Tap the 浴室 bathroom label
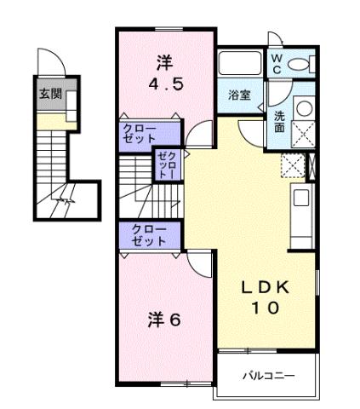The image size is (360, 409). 239,95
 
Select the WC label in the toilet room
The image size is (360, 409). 278,64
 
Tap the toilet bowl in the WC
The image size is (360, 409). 306,62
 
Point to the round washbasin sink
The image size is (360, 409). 303,107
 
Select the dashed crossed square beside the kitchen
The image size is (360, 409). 294,166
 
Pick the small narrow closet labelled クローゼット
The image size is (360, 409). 164,165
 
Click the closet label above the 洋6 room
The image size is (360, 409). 149,236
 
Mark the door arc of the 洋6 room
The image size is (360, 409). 197,264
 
